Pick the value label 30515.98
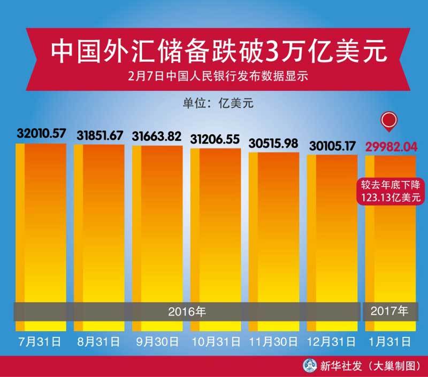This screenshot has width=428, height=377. (x=273, y=144)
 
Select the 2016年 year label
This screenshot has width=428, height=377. (x=186, y=310)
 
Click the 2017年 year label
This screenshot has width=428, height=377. (x=389, y=310)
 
